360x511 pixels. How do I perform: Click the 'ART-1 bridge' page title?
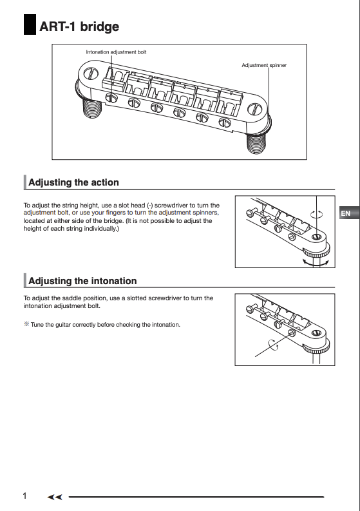tap(79, 26)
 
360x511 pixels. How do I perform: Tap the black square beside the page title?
tap(30, 24)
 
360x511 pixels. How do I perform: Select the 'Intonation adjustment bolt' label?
tap(116, 52)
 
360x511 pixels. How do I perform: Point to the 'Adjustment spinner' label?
tap(264, 65)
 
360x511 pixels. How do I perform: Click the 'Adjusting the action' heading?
tap(73, 182)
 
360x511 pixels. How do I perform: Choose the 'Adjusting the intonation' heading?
tap(82, 281)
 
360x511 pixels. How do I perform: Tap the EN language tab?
tap(346, 213)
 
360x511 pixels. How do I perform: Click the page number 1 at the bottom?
tap(24, 496)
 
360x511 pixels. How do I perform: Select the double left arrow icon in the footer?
tap(54, 497)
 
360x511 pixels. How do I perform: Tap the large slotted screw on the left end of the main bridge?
tap(91, 73)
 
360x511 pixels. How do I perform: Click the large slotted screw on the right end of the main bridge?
tap(255, 109)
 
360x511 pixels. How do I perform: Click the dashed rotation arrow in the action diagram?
tap(317, 214)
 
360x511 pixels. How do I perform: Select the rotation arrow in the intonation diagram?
tap(274, 345)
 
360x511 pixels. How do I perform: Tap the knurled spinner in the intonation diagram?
tap(316, 349)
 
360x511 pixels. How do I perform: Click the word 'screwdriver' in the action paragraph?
tap(171, 206)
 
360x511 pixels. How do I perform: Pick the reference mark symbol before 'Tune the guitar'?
tap(26, 324)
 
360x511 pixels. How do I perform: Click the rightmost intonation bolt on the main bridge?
tap(225, 122)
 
